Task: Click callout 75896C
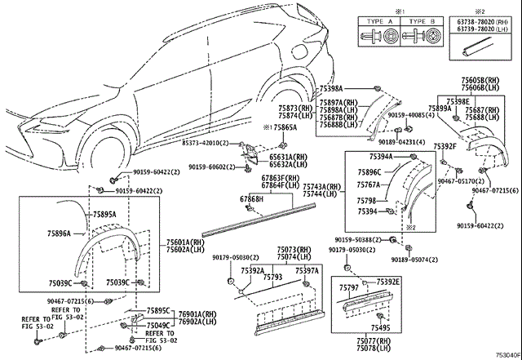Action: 369,172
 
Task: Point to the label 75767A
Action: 368,185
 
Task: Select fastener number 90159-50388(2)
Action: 358,240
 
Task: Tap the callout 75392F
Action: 445,145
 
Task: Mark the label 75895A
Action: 104,214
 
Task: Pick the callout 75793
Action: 272,277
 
